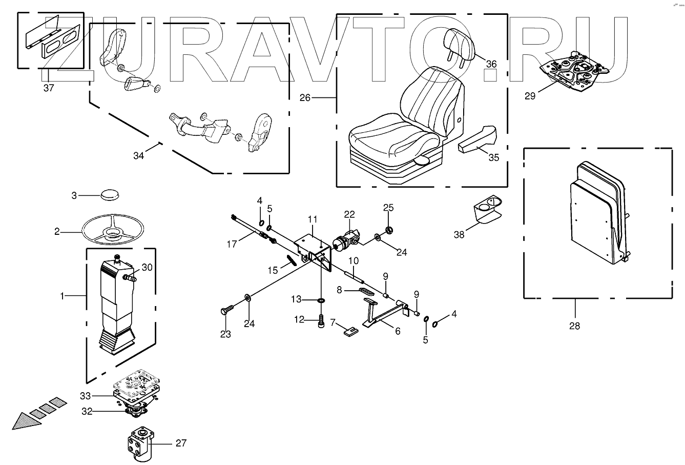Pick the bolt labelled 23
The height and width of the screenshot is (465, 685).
click(x=227, y=310)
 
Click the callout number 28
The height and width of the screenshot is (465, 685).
click(x=574, y=325)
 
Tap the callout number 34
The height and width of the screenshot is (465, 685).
click(x=138, y=156)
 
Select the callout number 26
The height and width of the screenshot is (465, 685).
click(x=305, y=97)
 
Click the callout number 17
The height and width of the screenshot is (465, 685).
click(x=232, y=244)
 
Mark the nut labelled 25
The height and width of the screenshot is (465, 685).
click(x=389, y=229)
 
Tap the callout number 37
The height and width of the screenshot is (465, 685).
click(x=48, y=88)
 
